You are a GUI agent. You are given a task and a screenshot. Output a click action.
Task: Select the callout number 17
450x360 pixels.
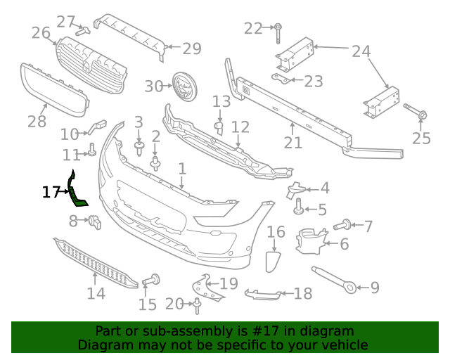coord(50,191)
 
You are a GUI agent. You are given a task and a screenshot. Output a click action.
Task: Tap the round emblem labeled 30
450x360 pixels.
coord(184,86)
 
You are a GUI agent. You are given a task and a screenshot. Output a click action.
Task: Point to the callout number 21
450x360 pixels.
coord(293,143)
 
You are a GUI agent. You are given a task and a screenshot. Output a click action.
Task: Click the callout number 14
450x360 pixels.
coord(96,293)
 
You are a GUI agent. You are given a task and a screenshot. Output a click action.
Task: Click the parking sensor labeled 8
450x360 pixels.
coord(94,223)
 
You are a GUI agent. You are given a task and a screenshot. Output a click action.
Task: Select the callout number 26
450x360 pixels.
coord(41,32)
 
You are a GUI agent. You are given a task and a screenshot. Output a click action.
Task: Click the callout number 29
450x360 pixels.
coord(192,49)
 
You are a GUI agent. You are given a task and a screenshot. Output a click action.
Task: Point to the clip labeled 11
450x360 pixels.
coord(92,149)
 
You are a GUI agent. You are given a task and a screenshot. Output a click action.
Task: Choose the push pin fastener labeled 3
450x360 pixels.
coord(139,146)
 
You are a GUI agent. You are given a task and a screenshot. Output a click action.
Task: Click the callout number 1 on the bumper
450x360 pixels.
coord(182,169)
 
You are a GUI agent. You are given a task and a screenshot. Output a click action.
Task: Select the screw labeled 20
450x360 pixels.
coord(198,304)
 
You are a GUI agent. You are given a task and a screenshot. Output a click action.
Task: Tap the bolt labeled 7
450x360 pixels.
coord(345,226)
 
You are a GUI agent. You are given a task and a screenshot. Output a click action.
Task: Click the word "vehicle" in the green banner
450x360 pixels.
coord(342,345)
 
